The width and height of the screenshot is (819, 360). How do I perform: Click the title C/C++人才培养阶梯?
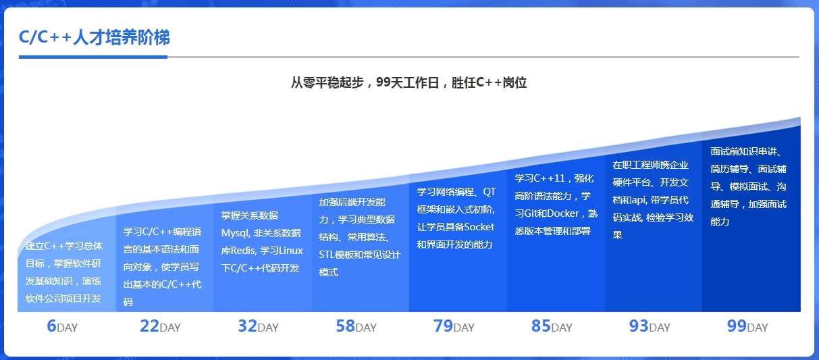[95, 37]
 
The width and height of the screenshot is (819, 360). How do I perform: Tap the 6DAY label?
[62, 326]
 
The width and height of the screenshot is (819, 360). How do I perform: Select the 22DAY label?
[160, 326]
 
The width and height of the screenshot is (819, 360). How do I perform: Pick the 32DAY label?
[258, 326]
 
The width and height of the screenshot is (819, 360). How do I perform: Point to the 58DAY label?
[356, 326]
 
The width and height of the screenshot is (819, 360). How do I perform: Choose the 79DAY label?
[454, 326]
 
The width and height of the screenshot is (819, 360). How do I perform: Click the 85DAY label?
[552, 326]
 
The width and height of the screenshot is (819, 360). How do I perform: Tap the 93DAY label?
[650, 326]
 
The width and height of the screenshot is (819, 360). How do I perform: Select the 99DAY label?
[747, 326]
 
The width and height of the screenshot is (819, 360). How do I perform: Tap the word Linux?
[291, 251]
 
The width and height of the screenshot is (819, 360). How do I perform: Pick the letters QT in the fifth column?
[490, 192]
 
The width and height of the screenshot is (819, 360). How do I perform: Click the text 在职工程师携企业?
[650, 165]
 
